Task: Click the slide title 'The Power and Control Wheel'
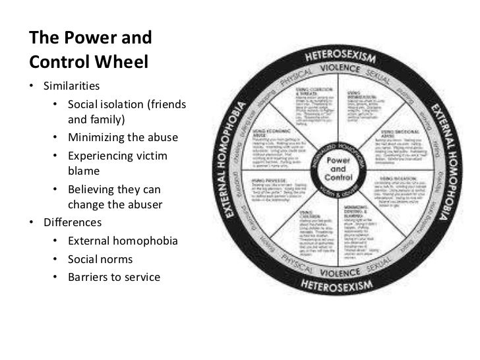click(90, 49)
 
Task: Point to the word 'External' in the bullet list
click(90, 241)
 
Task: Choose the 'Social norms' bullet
click(100, 258)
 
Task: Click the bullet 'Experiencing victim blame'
click(117, 163)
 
